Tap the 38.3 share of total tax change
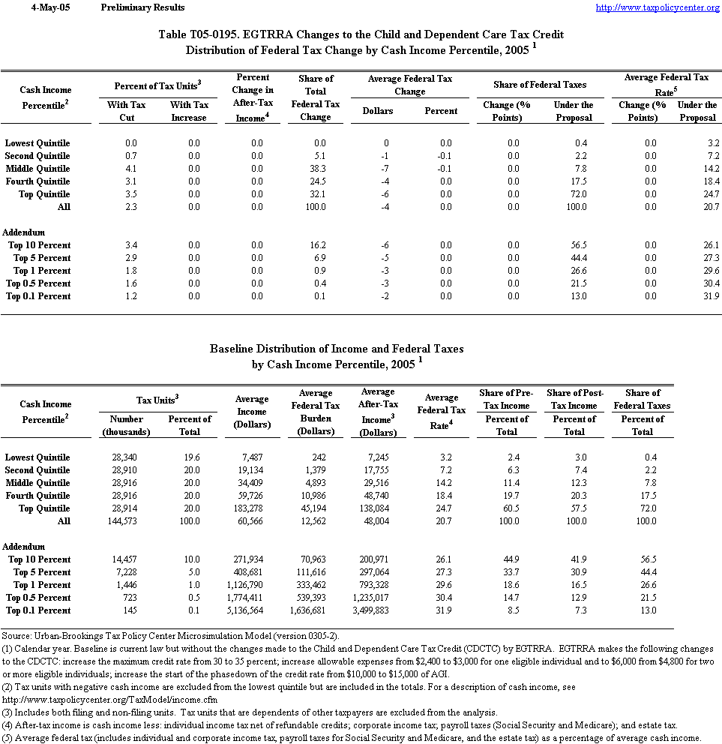pos(316,169)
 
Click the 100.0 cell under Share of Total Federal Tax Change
pos(316,207)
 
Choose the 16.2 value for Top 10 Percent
pos(316,245)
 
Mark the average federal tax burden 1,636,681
pos(316,610)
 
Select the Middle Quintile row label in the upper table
pos(37,169)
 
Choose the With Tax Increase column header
pos(190,111)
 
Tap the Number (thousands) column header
pos(126,425)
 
